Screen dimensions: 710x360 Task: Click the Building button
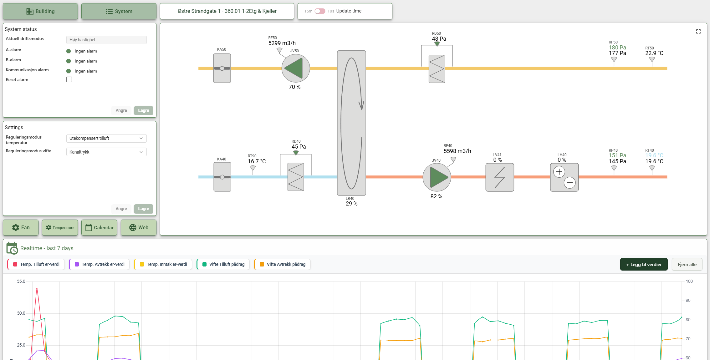pyautogui.click(x=40, y=11)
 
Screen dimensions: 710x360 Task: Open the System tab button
pyautogui.click(x=119, y=11)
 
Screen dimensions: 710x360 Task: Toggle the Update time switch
pyautogui.click(x=320, y=11)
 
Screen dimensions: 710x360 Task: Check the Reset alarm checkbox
pyautogui.click(x=69, y=79)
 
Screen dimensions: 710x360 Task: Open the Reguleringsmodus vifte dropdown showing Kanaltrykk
pyautogui.click(x=106, y=152)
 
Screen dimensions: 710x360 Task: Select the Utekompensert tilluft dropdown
pyautogui.click(x=106, y=138)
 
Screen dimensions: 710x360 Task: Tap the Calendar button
pyautogui.click(x=99, y=227)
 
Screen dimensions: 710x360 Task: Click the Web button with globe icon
pyautogui.click(x=139, y=227)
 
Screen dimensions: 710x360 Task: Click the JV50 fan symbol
pyautogui.click(x=295, y=68)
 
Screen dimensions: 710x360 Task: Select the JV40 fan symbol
pyautogui.click(x=437, y=177)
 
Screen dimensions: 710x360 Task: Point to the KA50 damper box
pyautogui.click(x=222, y=68)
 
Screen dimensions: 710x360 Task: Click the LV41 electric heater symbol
pyautogui.click(x=500, y=177)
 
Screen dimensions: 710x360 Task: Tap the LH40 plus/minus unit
pyautogui.click(x=564, y=177)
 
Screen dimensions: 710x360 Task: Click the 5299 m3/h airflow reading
pyautogui.click(x=282, y=43)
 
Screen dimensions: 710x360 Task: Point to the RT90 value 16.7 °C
pyautogui.click(x=257, y=161)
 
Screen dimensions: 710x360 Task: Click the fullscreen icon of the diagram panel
pyautogui.click(x=698, y=32)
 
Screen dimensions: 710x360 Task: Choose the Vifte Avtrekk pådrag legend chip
pyautogui.click(x=283, y=264)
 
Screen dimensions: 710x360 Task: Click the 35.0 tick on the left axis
pyautogui.click(x=21, y=281)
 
